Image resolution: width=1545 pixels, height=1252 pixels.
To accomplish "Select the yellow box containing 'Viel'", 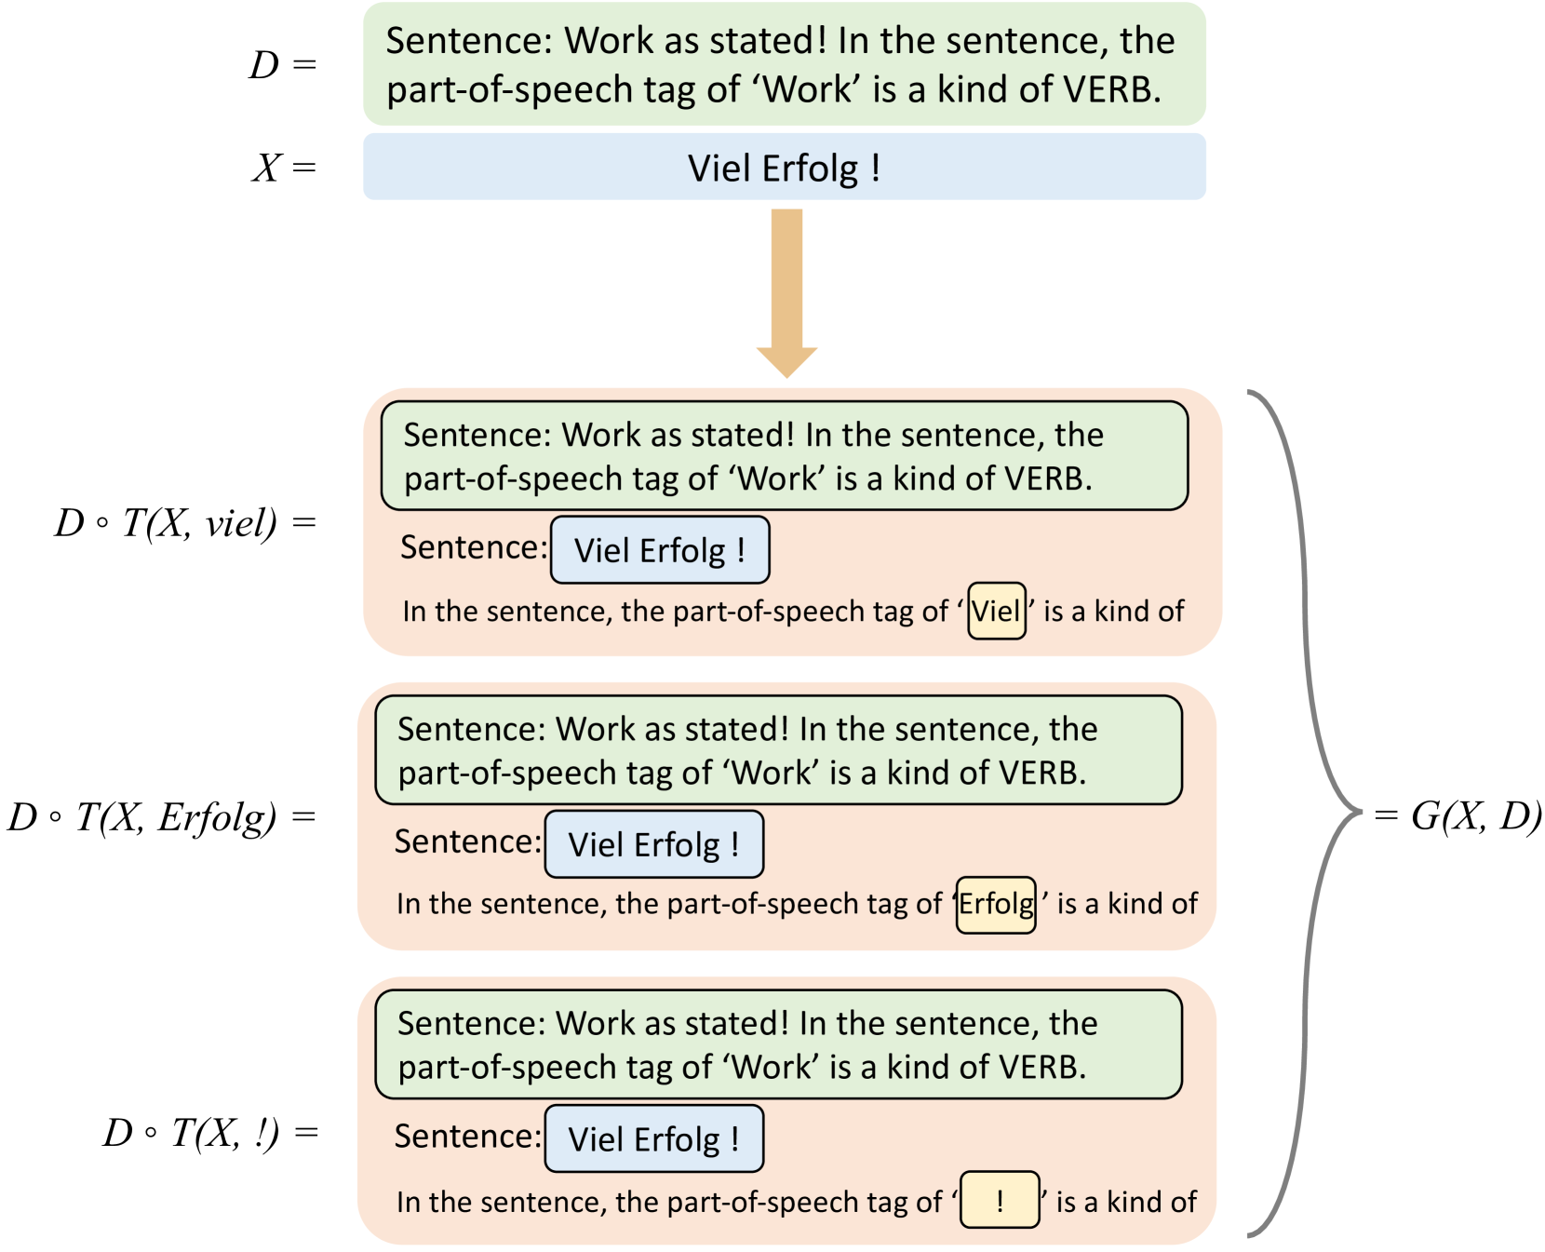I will pyautogui.click(x=996, y=611).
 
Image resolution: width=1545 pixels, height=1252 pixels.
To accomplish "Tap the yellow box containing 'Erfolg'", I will pyautogui.click(x=996, y=904).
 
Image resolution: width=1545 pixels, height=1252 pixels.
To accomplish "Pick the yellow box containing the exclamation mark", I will pyautogui.click(x=1000, y=1200).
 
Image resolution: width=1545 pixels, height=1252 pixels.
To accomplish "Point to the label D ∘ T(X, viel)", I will pyautogui.click(x=184, y=523).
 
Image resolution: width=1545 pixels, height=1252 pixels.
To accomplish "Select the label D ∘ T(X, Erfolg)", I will pyautogui.click(x=161, y=817).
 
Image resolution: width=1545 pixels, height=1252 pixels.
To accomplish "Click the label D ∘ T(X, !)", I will pyautogui.click(x=209, y=1133).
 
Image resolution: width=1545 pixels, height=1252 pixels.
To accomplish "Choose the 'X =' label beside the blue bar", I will pyautogui.click(x=284, y=168).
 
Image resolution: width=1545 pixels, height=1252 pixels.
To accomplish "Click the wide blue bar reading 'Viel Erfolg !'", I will pyautogui.click(x=784, y=168).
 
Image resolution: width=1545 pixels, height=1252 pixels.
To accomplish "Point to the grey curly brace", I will pyautogui.click(x=1303, y=814).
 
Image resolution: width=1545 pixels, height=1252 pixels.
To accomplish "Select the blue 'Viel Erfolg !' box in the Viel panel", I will pyautogui.click(x=660, y=550).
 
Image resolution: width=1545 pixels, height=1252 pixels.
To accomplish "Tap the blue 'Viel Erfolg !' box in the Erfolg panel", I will pyautogui.click(x=653, y=844).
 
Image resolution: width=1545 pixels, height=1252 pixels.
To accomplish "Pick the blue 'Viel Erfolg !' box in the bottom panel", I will pyautogui.click(x=653, y=1138).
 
